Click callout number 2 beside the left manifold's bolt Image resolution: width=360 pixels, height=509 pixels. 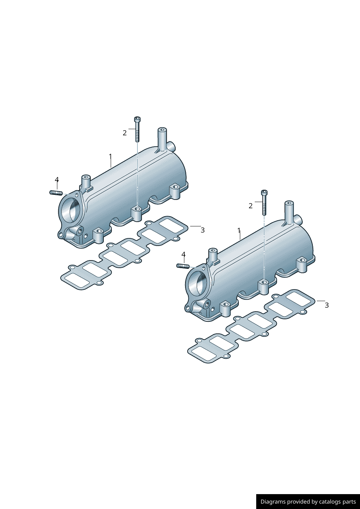[124, 133]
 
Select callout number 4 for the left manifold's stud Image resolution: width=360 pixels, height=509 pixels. [57, 180]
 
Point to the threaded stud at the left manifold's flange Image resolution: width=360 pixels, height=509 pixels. [56, 193]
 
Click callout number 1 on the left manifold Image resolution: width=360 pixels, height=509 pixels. [110, 157]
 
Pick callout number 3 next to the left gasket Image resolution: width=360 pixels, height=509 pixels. [202, 230]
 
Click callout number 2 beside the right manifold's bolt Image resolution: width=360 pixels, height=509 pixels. [250, 206]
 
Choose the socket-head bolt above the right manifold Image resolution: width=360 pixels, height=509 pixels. [264, 202]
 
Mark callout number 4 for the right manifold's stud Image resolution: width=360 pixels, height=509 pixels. [184, 255]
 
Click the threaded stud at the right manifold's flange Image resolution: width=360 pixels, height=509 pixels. [183, 266]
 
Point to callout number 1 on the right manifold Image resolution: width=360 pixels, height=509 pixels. [239, 230]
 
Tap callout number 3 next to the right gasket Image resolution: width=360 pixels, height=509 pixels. [327, 305]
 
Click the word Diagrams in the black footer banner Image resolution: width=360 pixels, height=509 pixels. [273, 502]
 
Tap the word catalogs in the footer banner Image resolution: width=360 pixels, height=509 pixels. [331, 502]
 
